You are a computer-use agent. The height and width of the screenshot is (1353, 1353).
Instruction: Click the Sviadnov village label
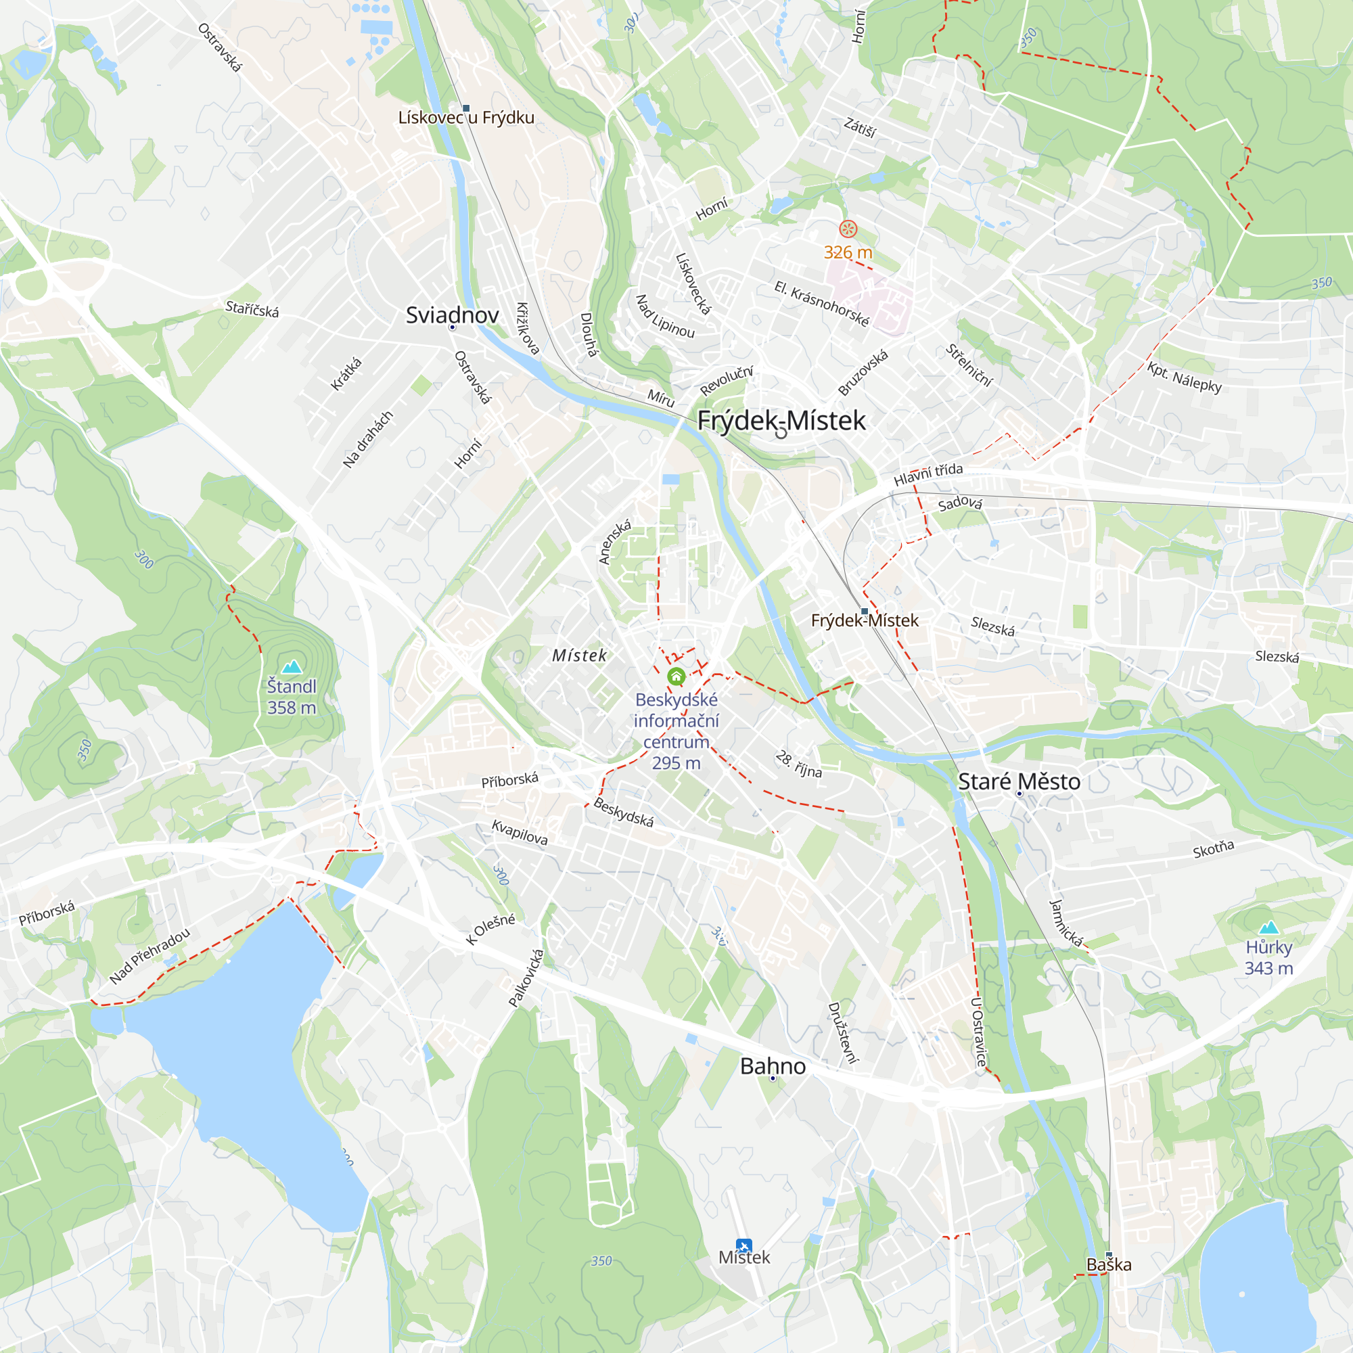coord(452,315)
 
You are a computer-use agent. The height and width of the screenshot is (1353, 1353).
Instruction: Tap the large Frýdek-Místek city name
coord(781,420)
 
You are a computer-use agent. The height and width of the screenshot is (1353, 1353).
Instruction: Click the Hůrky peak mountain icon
coord(1268,929)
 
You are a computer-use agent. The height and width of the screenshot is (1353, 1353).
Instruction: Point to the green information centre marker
coord(676,676)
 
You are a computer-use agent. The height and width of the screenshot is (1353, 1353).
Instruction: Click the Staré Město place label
coord(1018,781)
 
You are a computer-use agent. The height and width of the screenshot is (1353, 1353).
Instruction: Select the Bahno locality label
coord(773,1066)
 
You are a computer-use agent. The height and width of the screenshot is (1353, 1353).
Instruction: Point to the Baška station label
coord(1109,1265)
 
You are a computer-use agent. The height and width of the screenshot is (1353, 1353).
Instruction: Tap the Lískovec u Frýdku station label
coord(465,118)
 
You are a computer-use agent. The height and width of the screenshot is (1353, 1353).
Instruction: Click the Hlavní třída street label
coord(928,474)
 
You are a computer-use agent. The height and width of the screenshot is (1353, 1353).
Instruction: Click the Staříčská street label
coord(252,309)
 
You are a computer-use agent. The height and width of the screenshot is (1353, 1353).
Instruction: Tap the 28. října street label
coord(798,764)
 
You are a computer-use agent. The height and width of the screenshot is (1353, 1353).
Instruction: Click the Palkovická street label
coord(526,978)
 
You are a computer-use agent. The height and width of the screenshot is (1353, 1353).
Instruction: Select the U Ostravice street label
coord(978,1032)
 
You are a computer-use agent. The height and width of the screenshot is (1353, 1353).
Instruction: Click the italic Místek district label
coord(579,656)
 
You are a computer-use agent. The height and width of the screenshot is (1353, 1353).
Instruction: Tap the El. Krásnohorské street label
coord(821,304)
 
